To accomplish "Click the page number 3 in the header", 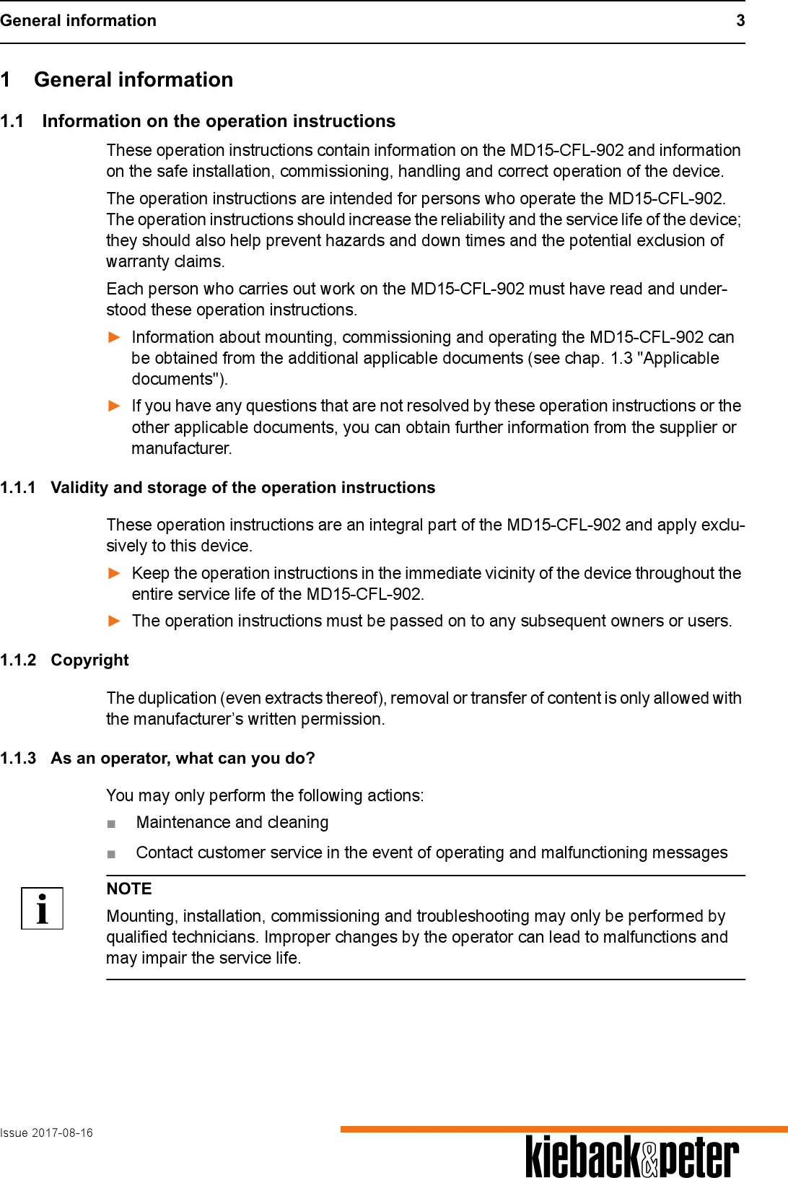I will [x=740, y=20].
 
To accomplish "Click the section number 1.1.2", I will [x=18, y=660].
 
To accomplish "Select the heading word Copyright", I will [x=89, y=660].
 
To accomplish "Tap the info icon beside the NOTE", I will [x=42, y=908].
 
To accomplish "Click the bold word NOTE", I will [x=129, y=889].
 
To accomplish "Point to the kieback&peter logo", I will [x=632, y=1156].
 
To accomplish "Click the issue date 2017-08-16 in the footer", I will [x=62, y=1133].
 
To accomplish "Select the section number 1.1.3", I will [x=18, y=758].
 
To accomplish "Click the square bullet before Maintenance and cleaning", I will [x=111, y=824].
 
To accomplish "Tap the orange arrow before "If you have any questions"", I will [x=114, y=406].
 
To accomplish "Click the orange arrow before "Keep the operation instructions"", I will [x=114, y=573].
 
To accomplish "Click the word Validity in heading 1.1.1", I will [x=79, y=487].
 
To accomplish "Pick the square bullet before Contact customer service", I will [x=111, y=854].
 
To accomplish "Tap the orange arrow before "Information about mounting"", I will [x=114, y=337].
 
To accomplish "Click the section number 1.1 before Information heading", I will [x=12, y=121].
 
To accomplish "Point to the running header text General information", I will [x=78, y=20].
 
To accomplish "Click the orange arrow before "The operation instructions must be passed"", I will [x=114, y=621].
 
